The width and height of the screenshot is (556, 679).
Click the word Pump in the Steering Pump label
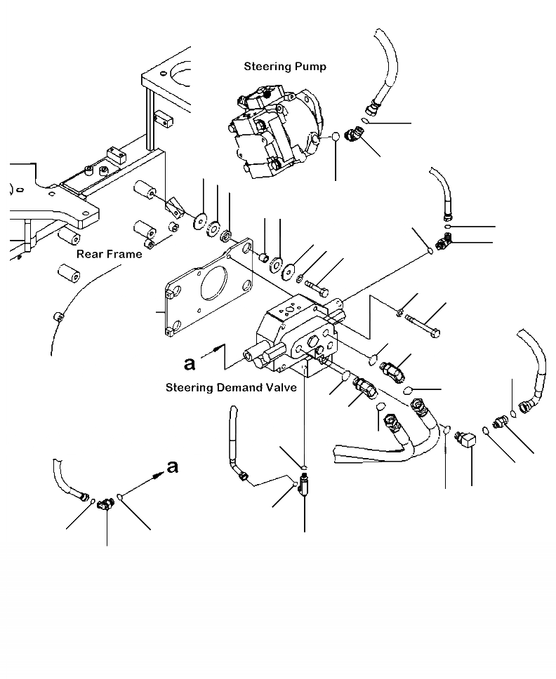coord(310,67)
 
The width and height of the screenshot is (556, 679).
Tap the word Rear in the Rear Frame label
coord(89,254)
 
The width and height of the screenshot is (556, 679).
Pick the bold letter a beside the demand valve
coord(189,363)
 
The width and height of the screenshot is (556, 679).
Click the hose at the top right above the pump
coord(383,70)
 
